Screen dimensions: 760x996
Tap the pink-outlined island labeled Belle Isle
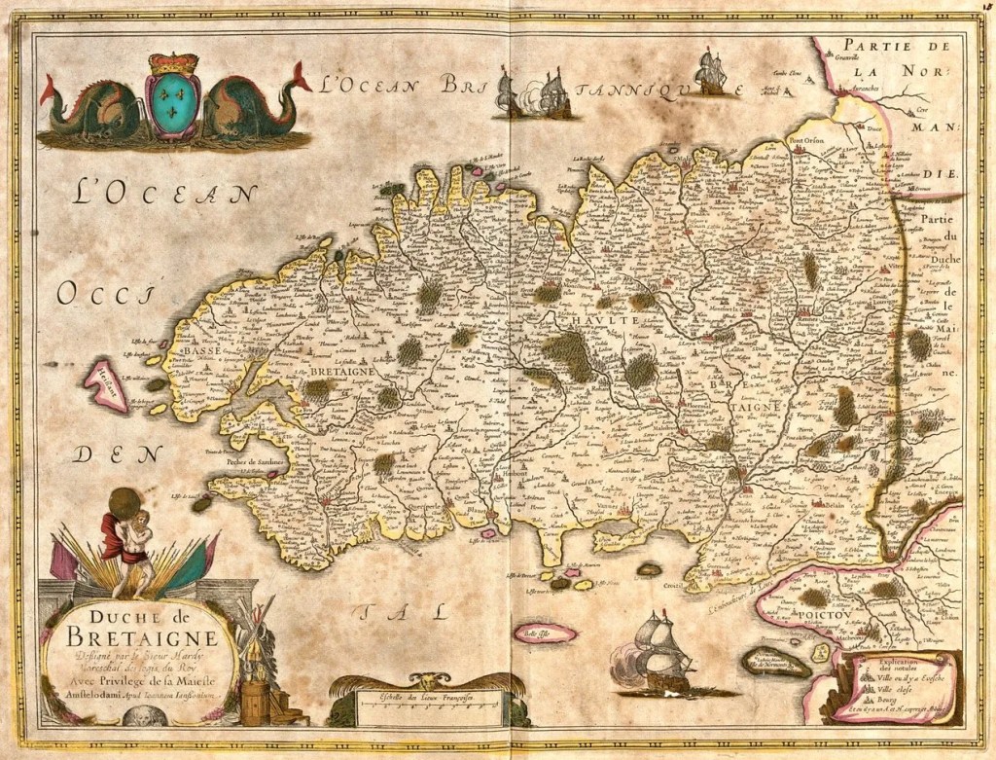(545, 633)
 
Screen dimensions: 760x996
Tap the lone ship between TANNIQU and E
(710, 74)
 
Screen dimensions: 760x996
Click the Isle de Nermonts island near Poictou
(775, 664)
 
